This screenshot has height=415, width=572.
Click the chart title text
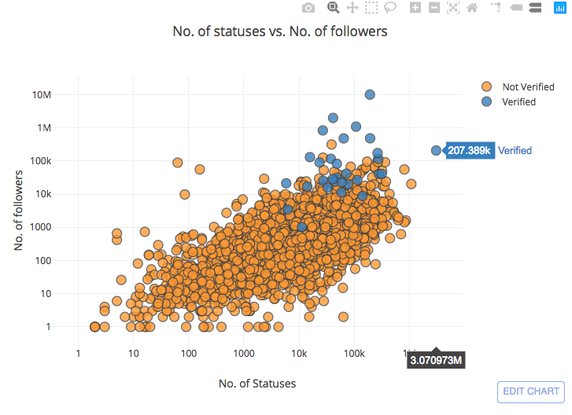click(280, 32)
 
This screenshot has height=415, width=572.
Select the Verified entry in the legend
click(518, 101)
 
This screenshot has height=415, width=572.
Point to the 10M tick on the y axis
click(42, 94)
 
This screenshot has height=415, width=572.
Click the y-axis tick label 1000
click(41, 227)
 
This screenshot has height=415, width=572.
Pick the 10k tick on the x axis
click(299, 353)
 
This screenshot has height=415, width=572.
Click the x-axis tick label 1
click(78, 353)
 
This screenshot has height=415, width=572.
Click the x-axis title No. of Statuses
click(257, 384)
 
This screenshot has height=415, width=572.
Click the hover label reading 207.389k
click(470, 150)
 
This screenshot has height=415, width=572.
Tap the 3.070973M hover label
click(435, 361)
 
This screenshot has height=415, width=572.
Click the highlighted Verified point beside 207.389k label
click(436, 150)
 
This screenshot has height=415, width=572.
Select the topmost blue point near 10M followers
click(369, 94)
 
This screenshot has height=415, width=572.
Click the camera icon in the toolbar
click(308, 8)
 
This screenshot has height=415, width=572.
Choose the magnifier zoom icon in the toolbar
click(333, 8)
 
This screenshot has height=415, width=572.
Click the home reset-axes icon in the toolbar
click(472, 8)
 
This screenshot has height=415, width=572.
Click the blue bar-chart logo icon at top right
click(559, 8)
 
